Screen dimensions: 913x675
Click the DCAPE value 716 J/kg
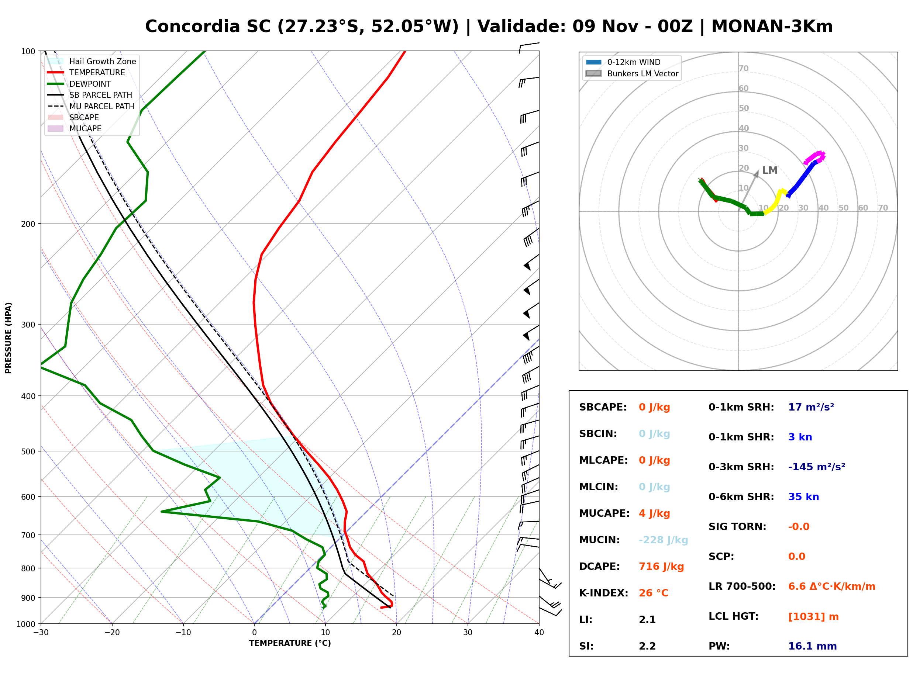pos(661,567)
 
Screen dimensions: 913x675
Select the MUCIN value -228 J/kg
pos(663,540)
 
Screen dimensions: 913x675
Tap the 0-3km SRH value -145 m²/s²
pos(817,467)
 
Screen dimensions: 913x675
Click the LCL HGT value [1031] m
pos(813,617)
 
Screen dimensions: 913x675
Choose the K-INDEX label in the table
pos(604,593)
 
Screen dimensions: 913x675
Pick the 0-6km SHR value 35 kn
pos(803,497)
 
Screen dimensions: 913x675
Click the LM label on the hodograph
pos(769,170)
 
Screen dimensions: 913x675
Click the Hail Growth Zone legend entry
pos(92,61)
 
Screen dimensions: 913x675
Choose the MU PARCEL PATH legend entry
pos(91,106)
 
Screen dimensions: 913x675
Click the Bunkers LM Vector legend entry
pos(632,73)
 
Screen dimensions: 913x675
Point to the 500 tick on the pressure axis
pos(28,451)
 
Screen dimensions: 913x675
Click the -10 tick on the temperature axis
pos(183,633)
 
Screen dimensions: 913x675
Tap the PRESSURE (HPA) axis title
pos(8,337)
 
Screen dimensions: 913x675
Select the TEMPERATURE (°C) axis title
pos(290,643)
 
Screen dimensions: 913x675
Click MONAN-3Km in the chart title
pos(772,27)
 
